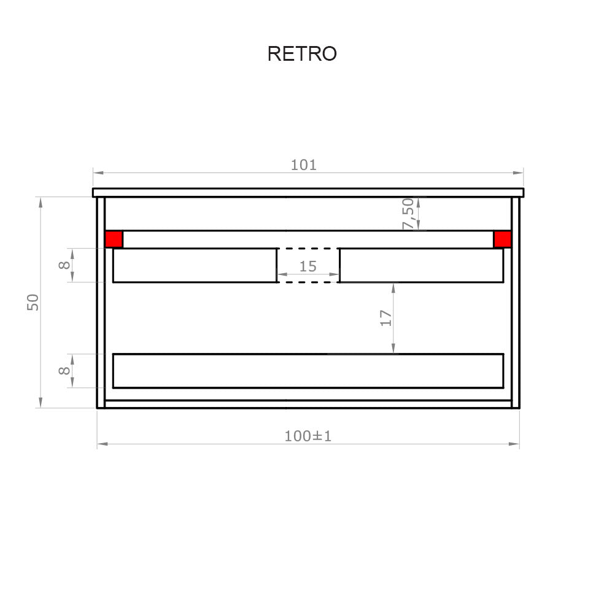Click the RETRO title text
pos(302,53)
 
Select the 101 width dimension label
pos(304,165)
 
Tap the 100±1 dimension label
pos(308,436)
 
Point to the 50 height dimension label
pos(33,302)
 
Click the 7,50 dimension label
pos(408,214)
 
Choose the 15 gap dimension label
pos(308,266)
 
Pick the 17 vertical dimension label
pos(386,318)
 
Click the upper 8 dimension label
pos(64,265)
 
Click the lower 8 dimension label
pos(64,370)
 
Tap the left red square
pos(114,239)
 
